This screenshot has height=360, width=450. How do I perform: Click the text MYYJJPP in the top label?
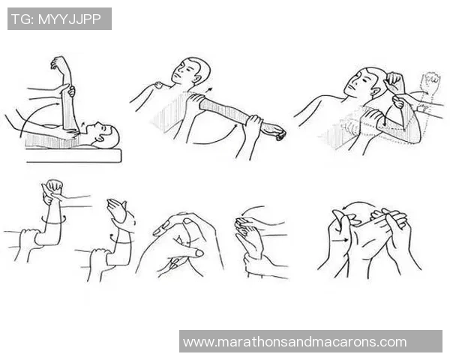[70, 19]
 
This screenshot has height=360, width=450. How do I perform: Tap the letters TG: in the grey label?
[23, 19]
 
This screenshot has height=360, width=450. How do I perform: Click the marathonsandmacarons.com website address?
[295, 342]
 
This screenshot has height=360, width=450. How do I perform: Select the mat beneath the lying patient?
[73, 155]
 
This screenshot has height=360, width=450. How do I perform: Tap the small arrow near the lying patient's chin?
[82, 124]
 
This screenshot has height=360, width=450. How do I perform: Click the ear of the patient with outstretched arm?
[198, 78]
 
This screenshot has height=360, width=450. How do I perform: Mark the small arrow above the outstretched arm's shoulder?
[210, 90]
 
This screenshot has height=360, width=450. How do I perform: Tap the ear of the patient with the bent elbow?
[376, 91]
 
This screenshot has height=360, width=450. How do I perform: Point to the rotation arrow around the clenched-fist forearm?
[53, 220]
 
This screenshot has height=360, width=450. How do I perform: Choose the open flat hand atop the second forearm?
[117, 210]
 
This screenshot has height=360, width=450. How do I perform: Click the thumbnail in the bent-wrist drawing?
[199, 253]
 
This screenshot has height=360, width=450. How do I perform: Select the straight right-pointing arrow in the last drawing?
[340, 240]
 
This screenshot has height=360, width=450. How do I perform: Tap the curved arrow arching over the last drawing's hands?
[358, 202]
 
